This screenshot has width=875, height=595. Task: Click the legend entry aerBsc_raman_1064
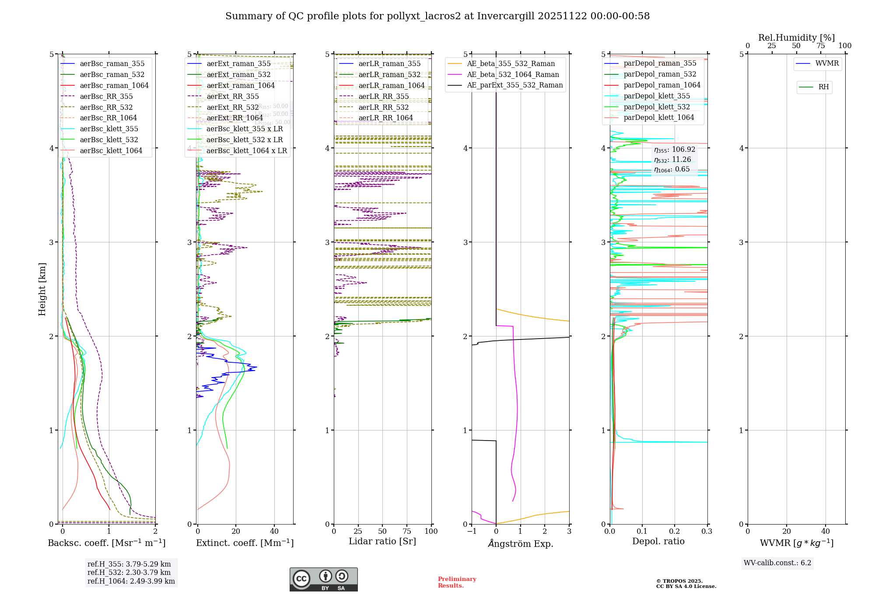coord(114,86)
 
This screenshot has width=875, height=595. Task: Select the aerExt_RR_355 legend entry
coord(232,97)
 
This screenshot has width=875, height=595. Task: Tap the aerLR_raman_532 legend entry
coord(389,75)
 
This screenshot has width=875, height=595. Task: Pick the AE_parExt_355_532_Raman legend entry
coord(514,85)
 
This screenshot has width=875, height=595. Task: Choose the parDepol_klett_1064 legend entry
coord(658,118)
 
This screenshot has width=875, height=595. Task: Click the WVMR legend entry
coord(826,63)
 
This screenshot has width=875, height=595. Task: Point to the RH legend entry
coord(823,87)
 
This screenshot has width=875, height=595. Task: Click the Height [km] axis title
coord(42,289)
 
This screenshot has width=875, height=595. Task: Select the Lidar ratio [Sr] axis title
coord(382,541)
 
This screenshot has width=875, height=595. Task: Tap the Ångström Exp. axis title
coord(520,543)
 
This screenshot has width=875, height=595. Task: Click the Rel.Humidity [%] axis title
coord(796,38)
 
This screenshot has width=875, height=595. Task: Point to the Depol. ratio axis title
coord(658,541)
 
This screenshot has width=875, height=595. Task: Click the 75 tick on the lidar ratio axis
coord(407,531)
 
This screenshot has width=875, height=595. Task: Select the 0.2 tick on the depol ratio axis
coord(675,531)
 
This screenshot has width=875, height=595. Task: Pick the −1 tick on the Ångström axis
coord(472,531)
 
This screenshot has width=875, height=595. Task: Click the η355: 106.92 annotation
coord(674,150)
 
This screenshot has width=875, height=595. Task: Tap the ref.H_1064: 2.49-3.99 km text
coord(131,581)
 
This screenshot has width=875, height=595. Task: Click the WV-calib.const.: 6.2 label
coord(777,563)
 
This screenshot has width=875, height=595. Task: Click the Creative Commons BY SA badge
coord(323,579)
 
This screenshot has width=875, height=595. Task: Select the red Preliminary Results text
coord(457,582)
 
